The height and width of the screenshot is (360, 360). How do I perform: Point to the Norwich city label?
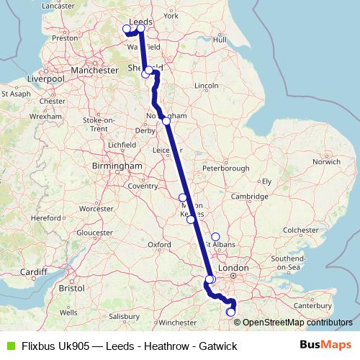[326, 161]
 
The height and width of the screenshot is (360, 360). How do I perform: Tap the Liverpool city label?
[46, 78]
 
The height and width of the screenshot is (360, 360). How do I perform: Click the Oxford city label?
[159, 245]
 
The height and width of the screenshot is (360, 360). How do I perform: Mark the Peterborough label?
[225, 168]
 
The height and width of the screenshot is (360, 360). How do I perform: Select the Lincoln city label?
[206, 86]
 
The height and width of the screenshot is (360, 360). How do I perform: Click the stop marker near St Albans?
[215, 237]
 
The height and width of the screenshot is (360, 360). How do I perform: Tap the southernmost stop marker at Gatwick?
[230, 312]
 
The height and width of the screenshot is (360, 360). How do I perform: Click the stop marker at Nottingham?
[166, 120]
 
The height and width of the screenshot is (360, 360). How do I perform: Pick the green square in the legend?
[9, 346]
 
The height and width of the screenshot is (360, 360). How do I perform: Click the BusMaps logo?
[325, 346]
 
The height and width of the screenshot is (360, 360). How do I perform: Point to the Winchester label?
[176, 322]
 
